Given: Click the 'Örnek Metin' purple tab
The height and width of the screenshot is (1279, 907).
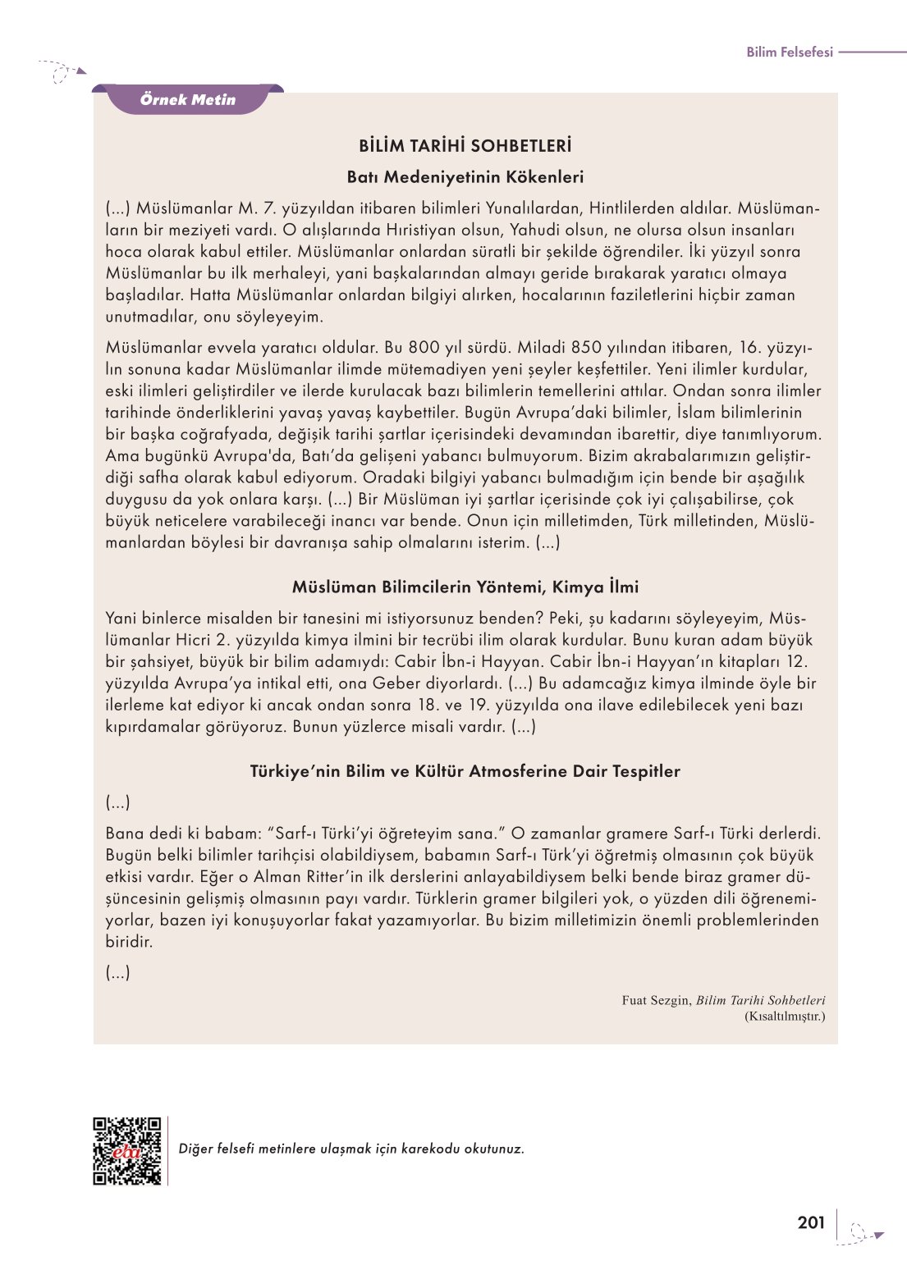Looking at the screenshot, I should [x=188, y=100].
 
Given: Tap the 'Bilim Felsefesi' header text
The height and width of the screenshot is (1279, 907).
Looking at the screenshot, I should [x=789, y=53].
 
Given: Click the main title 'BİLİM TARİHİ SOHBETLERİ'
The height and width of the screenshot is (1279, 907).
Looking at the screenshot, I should [x=465, y=147].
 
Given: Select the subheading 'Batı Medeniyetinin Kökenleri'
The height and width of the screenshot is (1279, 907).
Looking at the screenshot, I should [x=465, y=177].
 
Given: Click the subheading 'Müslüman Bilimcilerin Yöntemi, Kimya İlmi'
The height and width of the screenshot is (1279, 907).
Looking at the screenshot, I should [x=465, y=587].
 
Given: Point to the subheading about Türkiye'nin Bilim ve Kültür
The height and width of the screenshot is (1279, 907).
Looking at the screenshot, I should [x=465, y=771].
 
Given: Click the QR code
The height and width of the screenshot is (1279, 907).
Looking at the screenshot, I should [x=127, y=1150].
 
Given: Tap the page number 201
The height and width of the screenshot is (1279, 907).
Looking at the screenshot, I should [x=811, y=1223].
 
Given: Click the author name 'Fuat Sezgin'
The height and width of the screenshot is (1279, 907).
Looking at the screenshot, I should [x=655, y=1001].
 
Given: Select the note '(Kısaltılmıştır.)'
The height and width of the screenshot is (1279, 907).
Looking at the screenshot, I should [x=785, y=1016].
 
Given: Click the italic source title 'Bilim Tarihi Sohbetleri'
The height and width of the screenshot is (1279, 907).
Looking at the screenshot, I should [x=761, y=1001].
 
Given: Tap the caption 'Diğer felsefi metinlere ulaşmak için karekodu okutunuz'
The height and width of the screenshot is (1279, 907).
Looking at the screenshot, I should [x=351, y=1149].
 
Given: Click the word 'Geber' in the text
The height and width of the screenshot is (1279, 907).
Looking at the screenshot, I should [x=397, y=683].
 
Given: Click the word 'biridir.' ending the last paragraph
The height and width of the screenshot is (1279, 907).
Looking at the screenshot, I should [x=129, y=942].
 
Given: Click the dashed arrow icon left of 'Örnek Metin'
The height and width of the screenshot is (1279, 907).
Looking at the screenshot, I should [x=62, y=72].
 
